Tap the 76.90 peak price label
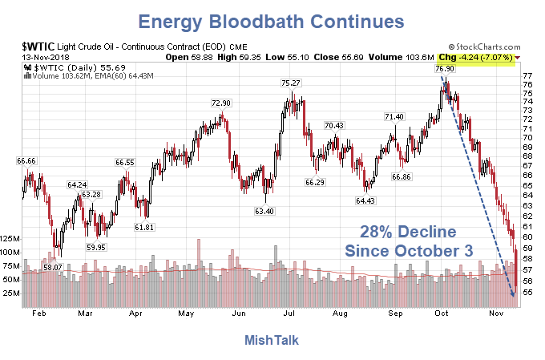coord(446,69)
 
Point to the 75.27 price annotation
coord(291,83)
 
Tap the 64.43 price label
coord(365,200)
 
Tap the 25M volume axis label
coord(11,293)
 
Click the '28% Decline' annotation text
coord(408,233)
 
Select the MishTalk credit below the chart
coord(272,341)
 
